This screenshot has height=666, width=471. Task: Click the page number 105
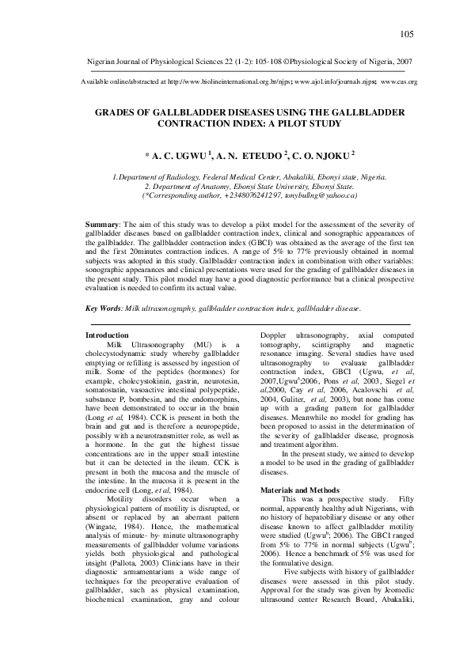[x=408, y=33]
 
